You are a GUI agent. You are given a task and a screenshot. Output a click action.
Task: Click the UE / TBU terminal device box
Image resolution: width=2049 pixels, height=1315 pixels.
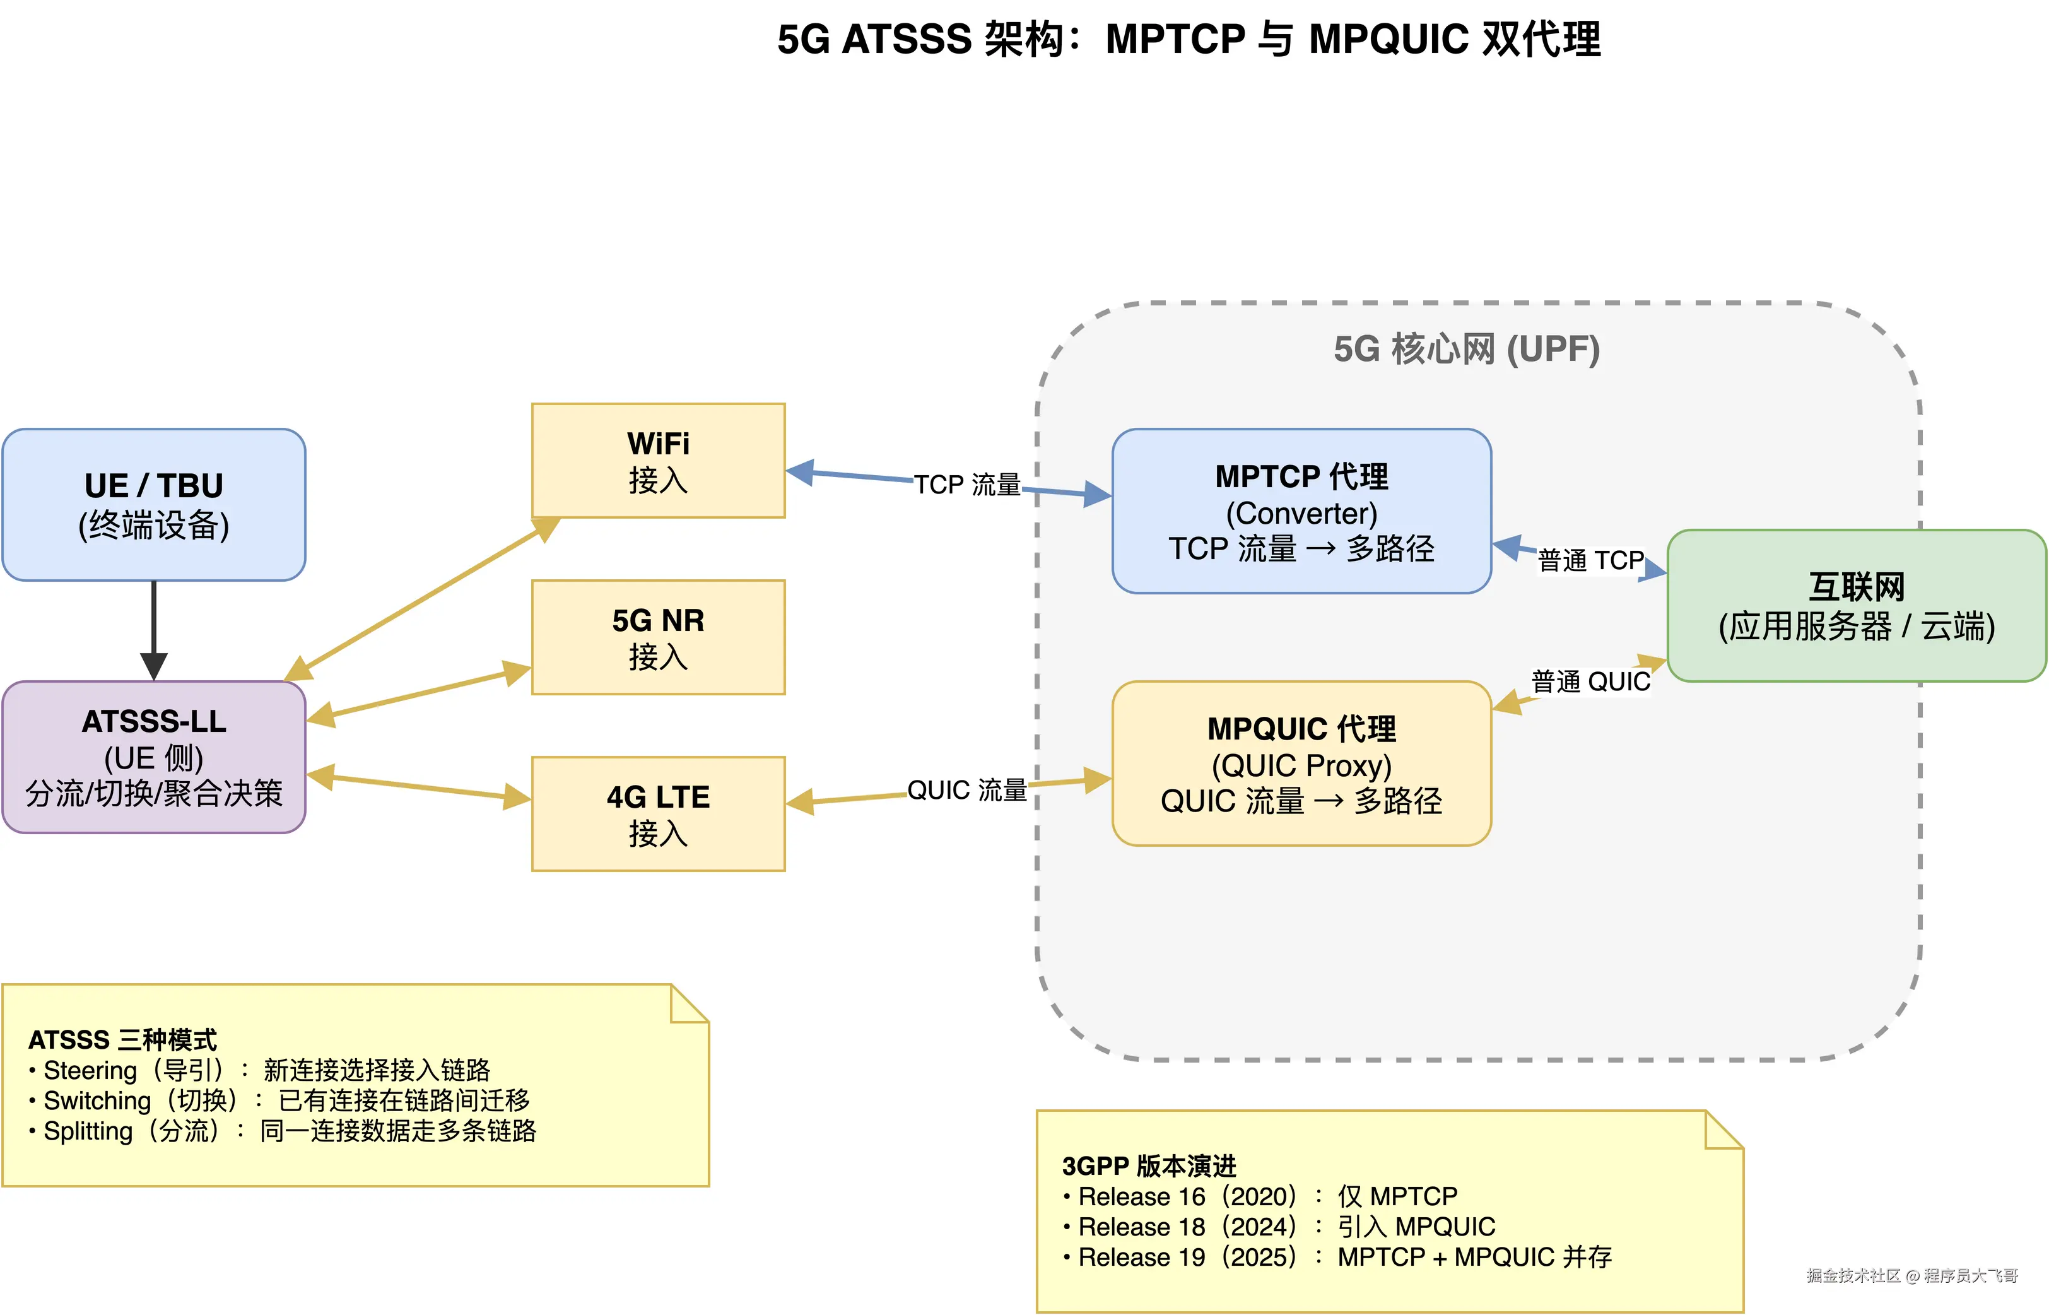click(x=154, y=505)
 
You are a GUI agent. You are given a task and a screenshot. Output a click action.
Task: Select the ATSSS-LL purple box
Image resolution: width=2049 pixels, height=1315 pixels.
click(x=154, y=757)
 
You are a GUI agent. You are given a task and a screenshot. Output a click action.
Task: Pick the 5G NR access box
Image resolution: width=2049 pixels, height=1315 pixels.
click(x=657, y=637)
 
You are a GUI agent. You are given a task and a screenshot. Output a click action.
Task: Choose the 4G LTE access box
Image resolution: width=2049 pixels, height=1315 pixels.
click(x=657, y=814)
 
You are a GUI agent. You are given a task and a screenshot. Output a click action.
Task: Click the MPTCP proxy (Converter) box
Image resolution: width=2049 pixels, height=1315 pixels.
click(x=1301, y=510)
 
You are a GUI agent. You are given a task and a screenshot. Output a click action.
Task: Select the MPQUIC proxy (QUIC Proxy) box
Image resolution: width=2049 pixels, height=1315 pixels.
click(x=1301, y=764)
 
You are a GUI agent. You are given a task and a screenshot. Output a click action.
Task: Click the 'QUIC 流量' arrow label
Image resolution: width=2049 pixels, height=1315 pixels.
click(x=966, y=790)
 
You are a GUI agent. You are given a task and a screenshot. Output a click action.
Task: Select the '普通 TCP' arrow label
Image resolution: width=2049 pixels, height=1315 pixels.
click(x=1590, y=560)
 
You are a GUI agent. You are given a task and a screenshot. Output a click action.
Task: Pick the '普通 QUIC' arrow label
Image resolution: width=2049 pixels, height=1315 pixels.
click(x=1590, y=681)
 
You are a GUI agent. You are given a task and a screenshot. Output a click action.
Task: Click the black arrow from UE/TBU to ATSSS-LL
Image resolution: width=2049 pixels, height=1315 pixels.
click(x=154, y=628)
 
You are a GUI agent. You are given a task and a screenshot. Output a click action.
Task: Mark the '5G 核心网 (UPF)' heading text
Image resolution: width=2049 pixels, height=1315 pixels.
click(x=1466, y=348)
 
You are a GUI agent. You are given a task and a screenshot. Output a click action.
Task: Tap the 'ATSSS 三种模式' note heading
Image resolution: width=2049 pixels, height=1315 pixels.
click(x=122, y=1039)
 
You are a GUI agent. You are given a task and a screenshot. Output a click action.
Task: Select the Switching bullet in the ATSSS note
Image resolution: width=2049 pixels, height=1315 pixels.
click(x=282, y=1100)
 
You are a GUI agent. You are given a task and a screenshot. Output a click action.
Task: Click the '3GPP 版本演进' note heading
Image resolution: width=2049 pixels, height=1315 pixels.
click(x=1148, y=1165)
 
